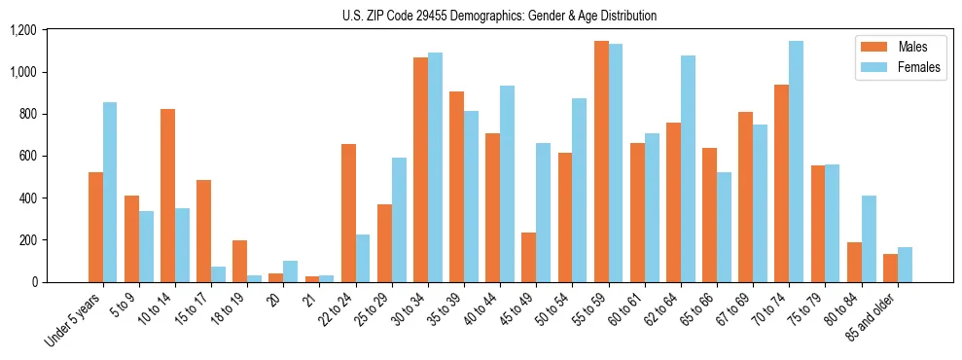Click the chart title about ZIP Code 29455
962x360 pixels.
(499, 16)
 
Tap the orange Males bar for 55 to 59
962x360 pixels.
(602, 162)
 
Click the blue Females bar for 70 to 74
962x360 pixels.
(797, 162)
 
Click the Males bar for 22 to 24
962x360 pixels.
(348, 213)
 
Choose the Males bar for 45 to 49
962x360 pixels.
(529, 257)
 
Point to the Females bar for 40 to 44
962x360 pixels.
(507, 184)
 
